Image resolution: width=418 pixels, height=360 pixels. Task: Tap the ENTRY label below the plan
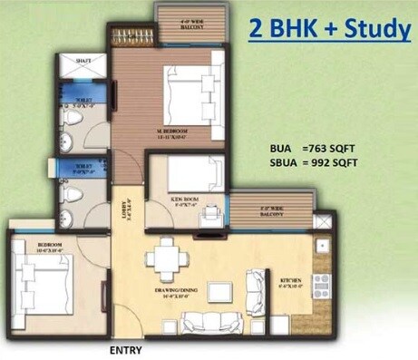click(127, 348)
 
